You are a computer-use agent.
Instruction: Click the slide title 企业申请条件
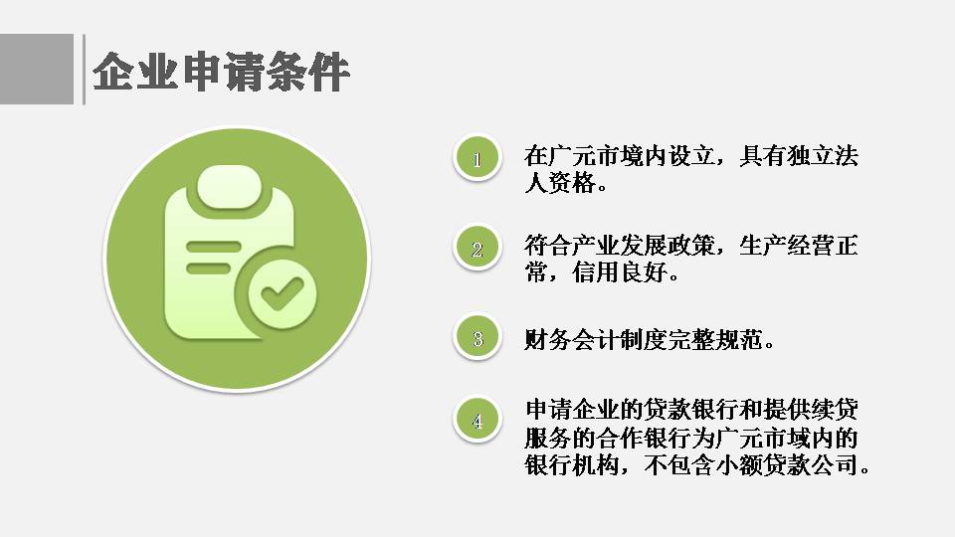[x=221, y=72]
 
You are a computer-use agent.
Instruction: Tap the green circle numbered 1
[x=477, y=158]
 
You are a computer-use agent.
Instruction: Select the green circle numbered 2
[x=477, y=248]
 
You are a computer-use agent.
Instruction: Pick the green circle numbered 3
[x=477, y=337]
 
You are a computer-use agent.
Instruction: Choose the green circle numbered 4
[x=477, y=420]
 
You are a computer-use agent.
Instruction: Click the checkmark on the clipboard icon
[x=282, y=293]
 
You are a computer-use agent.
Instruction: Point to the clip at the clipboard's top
[x=229, y=188]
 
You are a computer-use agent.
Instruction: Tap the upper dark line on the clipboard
[x=213, y=247]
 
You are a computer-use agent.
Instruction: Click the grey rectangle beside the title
[x=37, y=69]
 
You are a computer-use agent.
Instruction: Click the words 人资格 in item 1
[x=560, y=183]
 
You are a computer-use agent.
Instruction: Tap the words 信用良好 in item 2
[x=620, y=272]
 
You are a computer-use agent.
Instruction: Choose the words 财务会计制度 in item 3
[x=596, y=340]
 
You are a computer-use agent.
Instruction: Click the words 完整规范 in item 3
[x=715, y=340]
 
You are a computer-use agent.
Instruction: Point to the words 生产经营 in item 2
[x=787, y=246]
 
